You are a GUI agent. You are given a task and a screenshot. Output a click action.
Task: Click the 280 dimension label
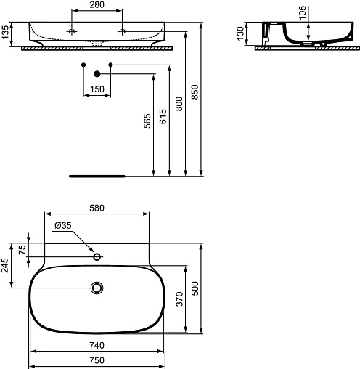tap(97, 4)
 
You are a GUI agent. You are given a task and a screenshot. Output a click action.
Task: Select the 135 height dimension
tap(5, 32)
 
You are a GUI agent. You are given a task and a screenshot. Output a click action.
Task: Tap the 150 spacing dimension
tap(97, 89)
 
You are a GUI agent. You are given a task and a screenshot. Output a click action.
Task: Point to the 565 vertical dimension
tap(147, 121)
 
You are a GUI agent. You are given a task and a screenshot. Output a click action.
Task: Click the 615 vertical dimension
tap(163, 116)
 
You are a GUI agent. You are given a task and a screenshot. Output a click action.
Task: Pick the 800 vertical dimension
tap(179, 104)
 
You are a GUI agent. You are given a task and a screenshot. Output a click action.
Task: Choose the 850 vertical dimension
tap(195, 92)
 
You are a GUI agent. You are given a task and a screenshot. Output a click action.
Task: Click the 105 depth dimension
tap(303, 13)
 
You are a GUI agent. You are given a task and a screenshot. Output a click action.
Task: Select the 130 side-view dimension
tap(241, 33)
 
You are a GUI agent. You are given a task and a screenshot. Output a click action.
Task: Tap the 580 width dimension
tap(97, 208)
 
